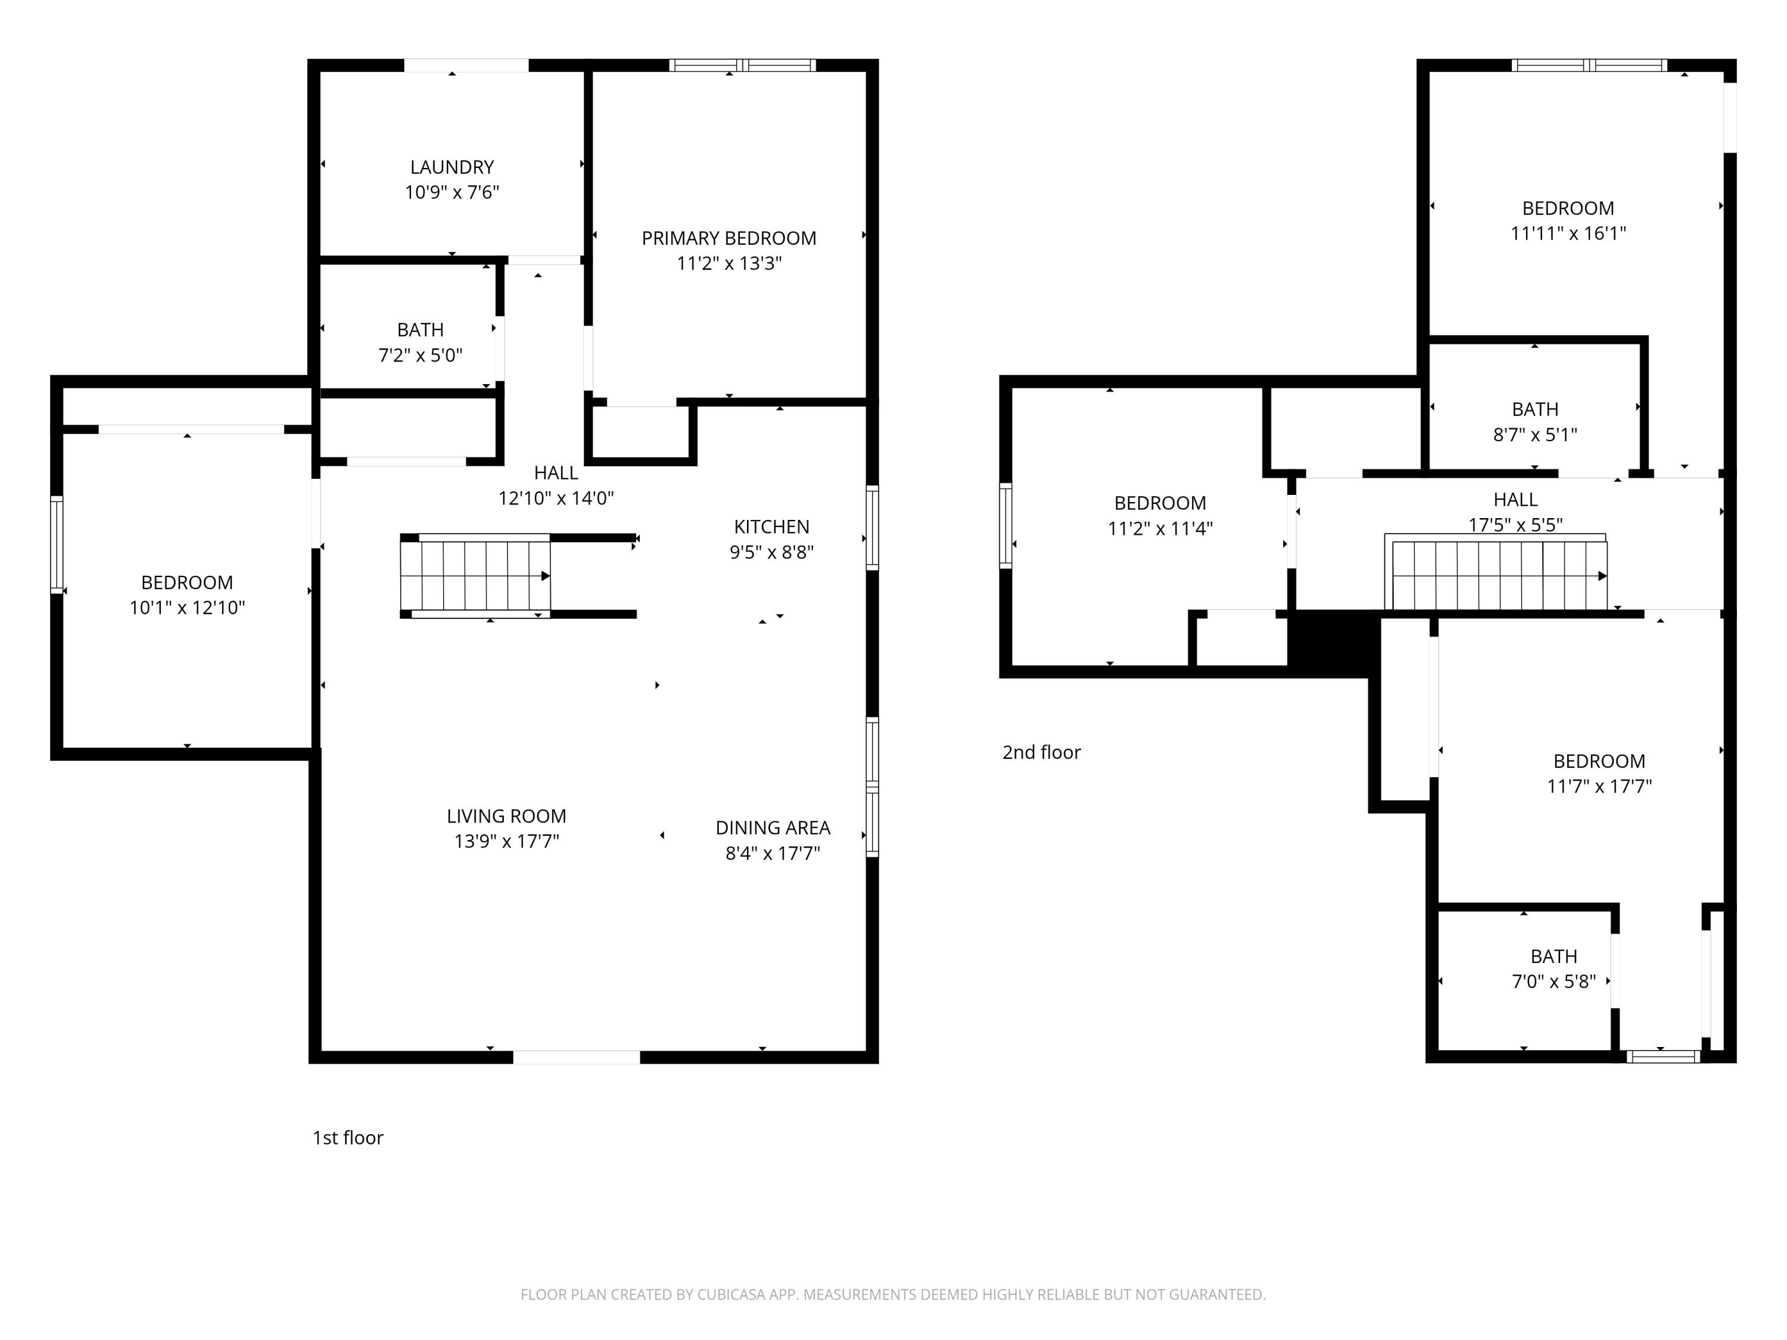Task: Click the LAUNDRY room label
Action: tap(452, 167)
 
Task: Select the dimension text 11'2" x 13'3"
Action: tap(729, 263)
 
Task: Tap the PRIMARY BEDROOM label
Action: tap(729, 238)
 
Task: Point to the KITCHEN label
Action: tap(771, 526)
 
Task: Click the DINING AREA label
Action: tap(773, 827)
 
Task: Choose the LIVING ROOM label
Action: tap(506, 816)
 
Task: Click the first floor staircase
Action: tap(475, 576)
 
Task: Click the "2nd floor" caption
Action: tap(1041, 752)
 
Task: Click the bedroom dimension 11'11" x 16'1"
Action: tap(1567, 233)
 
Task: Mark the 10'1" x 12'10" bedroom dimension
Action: tap(186, 607)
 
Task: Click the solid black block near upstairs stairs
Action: tap(1333, 642)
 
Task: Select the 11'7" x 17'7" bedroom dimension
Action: tap(1598, 786)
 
